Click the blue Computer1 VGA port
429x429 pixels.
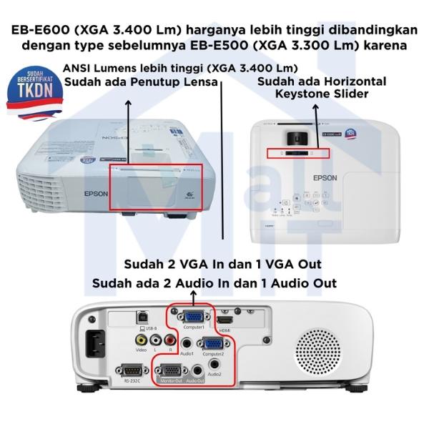tap(191, 316)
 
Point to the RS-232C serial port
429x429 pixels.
tap(131, 370)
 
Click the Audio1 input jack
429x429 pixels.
tap(187, 342)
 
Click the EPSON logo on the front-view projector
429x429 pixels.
tap(97, 192)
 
